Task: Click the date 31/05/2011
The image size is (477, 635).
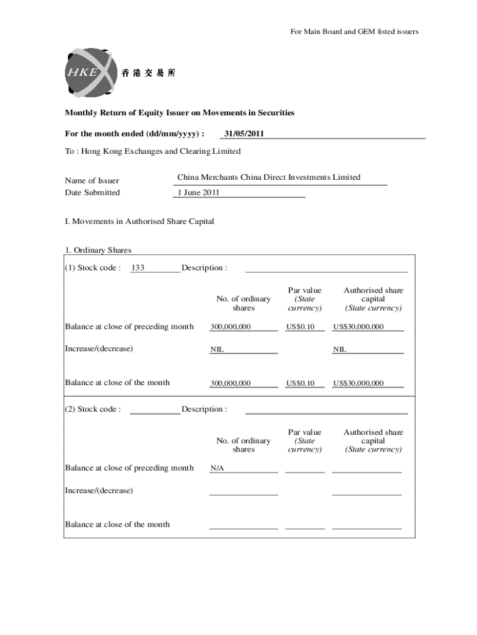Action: click(243, 133)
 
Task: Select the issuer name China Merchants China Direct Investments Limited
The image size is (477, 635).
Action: click(268, 177)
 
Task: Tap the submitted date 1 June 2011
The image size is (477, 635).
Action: click(198, 192)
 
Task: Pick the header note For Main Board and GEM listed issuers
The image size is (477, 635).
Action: click(354, 31)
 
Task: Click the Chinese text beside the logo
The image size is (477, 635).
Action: click(148, 73)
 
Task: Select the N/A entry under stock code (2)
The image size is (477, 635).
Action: click(217, 468)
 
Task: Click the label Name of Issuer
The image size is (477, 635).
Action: click(92, 180)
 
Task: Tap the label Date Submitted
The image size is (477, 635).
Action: click(92, 192)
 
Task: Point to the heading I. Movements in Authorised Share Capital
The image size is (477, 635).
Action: click(139, 221)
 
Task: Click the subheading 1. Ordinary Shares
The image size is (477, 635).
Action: click(98, 251)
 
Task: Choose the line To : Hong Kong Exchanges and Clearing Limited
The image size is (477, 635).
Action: click(153, 151)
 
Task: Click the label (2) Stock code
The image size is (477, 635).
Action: click(93, 409)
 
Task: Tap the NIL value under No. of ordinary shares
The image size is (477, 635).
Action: click(217, 349)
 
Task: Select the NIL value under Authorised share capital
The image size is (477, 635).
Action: click(339, 349)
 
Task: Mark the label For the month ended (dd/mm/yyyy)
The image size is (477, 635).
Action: click(135, 133)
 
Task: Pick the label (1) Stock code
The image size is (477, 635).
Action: click(93, 268)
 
